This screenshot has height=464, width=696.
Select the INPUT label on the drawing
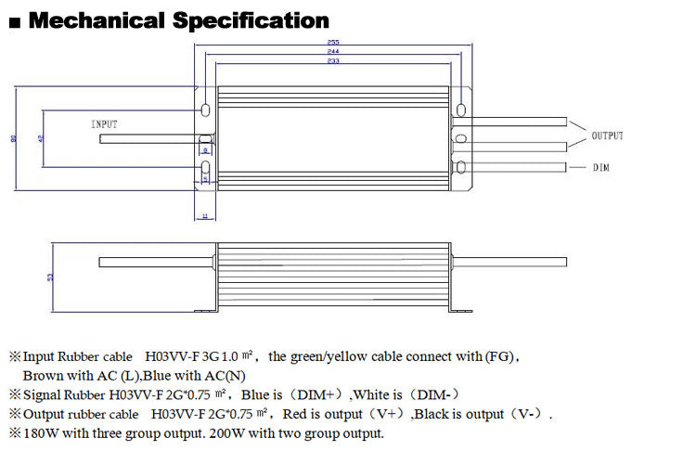pyautogui.click(x=104, y=123)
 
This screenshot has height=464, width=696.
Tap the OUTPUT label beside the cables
pyautogui.click(x=607, y=136)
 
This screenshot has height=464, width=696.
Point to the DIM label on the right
pyautogui.click(x=600, y=168)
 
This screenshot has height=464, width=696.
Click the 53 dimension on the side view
pyautogui.click(x=51, y=277)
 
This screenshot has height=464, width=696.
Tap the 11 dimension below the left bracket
pyautogui.click(x=204, y=214)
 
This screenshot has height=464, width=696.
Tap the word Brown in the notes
pyautogui.click(x=41, y=376)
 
